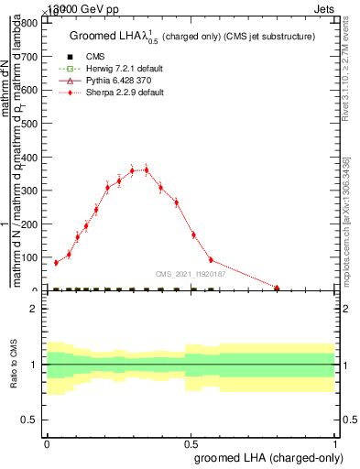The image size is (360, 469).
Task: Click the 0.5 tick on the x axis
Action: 191,442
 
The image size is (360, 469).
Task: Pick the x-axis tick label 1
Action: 336,442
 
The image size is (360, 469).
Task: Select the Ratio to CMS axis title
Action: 14,365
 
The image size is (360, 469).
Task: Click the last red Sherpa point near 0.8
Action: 277,289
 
